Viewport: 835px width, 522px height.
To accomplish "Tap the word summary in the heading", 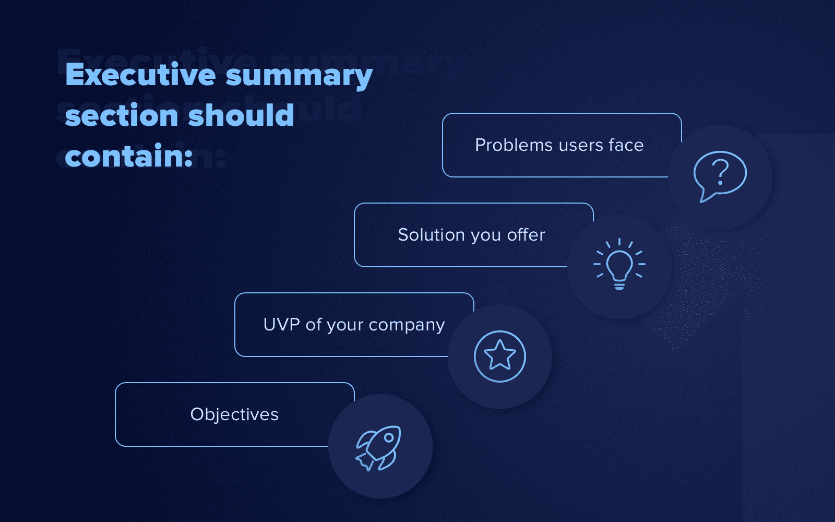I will click(299, 76).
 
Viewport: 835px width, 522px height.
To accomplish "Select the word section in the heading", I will click(122, 115).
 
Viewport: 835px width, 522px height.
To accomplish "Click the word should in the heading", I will click(241, 115).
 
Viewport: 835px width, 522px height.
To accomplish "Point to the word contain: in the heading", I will click(129, 156).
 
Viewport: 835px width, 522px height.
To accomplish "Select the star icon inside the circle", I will click(500, 356).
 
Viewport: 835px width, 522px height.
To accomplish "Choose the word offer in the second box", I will click(526, 235).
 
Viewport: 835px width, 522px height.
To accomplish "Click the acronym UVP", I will click(281, 325).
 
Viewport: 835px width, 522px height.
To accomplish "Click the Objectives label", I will click(234, 414).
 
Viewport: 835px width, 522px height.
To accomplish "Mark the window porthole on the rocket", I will click(389, 437).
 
